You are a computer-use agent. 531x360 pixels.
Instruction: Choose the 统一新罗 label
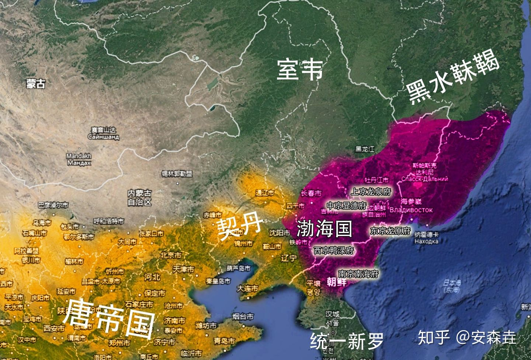(347, 340)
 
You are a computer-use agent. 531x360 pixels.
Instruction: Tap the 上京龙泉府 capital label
(371, 191)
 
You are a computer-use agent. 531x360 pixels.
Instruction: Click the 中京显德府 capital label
(347, 205)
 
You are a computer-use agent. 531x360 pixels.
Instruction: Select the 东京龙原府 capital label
(390, 231)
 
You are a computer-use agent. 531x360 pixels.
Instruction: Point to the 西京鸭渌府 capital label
(334, 250)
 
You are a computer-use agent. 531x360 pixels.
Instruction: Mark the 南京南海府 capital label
(358, 274)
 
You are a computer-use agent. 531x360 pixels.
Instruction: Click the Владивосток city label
(411, 210)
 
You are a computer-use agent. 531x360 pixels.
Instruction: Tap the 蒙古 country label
(36, 84)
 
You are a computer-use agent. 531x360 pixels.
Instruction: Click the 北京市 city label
(171, 255)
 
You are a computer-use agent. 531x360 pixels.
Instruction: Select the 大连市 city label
(247, 288)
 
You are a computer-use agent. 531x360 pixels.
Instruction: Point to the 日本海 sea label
(452, 286)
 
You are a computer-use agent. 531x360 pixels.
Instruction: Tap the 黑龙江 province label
(365, 149)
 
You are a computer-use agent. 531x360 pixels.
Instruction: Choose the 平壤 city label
(314, 287)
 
